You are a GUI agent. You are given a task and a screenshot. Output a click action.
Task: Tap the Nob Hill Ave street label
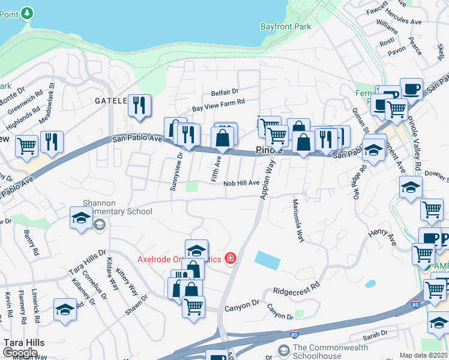tap(241, 183)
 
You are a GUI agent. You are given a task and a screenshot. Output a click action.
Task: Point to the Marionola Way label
tap(298, 220)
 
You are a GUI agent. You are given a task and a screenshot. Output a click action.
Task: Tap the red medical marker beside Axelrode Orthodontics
tap(230, 259)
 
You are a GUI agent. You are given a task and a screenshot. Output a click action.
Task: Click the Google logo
tap(20, 353)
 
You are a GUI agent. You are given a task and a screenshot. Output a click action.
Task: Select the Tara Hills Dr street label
tap(87, 259)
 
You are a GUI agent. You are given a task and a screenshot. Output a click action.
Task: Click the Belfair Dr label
tap(224, 92)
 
